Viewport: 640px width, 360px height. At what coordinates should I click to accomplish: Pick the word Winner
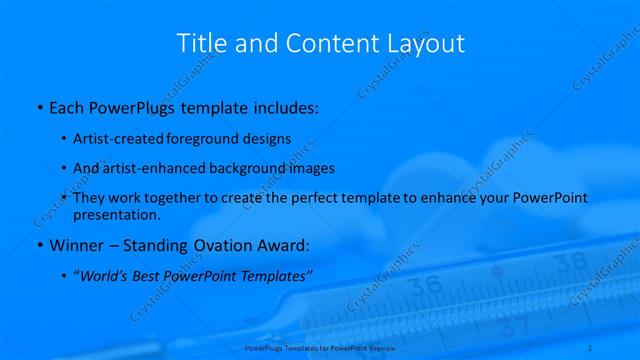click(77, 245)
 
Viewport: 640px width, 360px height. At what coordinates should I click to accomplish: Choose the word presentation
click(117, 214)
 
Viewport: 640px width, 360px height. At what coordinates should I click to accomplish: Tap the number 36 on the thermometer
click(425, 285)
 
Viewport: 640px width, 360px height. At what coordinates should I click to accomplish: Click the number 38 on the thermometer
click(570, 263)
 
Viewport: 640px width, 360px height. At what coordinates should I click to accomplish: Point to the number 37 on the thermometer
click(513, 326)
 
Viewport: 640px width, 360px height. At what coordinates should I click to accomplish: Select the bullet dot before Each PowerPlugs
click(38, 105)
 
